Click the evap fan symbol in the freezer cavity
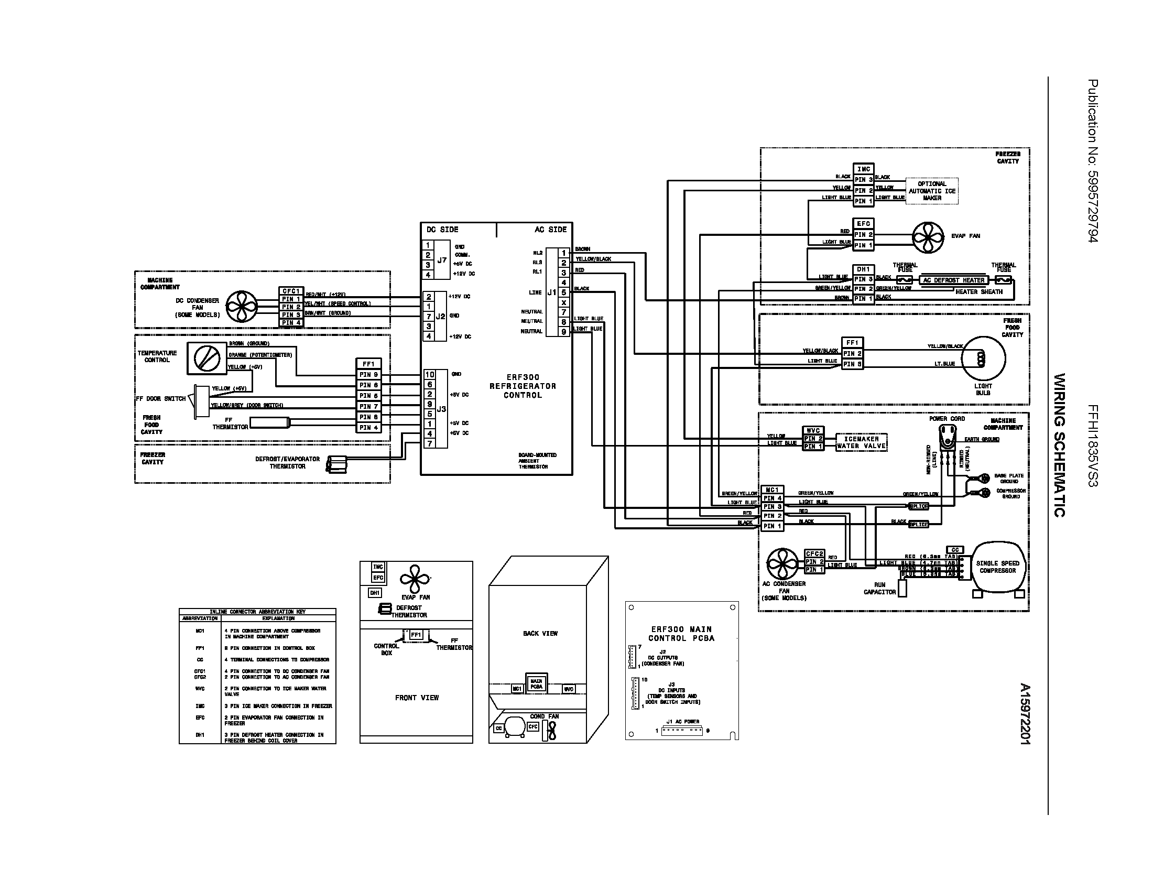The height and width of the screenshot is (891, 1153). (928, 237)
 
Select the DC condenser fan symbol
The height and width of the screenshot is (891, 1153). (242, 306)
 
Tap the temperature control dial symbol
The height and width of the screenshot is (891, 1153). (207, 359)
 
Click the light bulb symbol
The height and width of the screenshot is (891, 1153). (983, 359)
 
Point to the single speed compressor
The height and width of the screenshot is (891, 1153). (997, 568)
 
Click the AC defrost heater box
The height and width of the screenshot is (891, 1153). (954, 280)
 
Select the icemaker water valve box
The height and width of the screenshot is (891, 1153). (862, 442)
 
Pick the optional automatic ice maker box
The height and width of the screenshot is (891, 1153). (932, 191)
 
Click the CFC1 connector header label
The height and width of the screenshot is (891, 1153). (291, 291)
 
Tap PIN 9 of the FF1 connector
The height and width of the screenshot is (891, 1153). (368, 375)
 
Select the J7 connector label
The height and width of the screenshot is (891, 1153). (442, 259)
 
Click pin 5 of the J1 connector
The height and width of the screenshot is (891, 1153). (564, 292)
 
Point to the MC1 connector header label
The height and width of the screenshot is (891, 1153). (772, 490)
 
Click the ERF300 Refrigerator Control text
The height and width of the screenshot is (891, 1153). (523, 386)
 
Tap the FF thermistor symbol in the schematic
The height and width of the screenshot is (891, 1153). (270, 422)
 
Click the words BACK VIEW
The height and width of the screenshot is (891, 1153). (540, 634)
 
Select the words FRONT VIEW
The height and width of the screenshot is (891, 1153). (417, 698)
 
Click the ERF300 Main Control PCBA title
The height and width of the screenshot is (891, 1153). (681, 634)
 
